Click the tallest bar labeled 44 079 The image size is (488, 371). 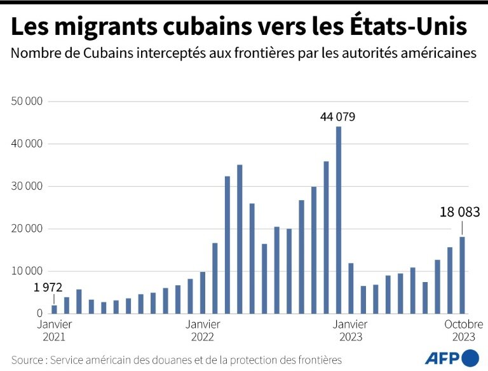point(339,220)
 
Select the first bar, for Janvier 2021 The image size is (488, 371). point(54,309)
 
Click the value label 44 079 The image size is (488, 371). point(337,117)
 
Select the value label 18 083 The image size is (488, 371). point(461,213)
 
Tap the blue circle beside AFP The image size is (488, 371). point(471,358)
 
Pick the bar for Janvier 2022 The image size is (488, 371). point(203,293)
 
